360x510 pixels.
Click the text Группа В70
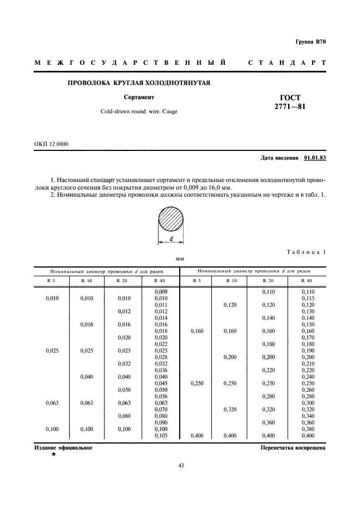point(310,42)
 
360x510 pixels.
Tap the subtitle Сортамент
point(139,98)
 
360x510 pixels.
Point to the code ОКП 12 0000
point(51,144)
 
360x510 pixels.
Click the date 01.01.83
point(315,158)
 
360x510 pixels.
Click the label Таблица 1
point(306,252)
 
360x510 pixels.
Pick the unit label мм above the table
point(180,259)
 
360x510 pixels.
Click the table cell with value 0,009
point(160,292)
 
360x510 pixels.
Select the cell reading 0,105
point(160,436)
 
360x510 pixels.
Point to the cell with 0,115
point(308,298)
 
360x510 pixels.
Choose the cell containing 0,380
point(308,429)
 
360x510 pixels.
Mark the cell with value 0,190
point(308,350)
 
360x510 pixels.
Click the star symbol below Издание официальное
point(53,454)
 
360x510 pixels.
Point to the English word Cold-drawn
point(115,111)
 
